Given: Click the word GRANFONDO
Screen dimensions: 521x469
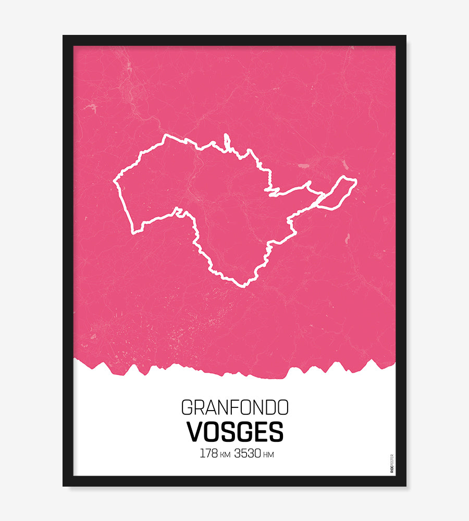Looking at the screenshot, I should pyautogui.click(x=234, y=407).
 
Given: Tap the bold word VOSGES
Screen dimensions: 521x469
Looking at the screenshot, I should pyautogui.click(x=234, y=432).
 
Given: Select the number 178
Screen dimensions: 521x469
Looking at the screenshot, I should pyautogui.click(x=209, y=453).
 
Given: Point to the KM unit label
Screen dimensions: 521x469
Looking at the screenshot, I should pyautogui.click(x=225, y=455).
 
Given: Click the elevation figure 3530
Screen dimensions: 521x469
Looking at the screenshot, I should pyautogui.click(x=248, y=453).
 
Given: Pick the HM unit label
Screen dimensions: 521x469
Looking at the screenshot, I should pyautogui.click(x=269, y=455).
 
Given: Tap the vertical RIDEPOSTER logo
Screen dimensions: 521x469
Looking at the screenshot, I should pyautogui.click(x=392, y=463).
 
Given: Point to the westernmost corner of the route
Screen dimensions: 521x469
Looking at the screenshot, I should pyautogui.click(x=115, y=182).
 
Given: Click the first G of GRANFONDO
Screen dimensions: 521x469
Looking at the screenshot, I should pyautogui.click(x=187, y=407).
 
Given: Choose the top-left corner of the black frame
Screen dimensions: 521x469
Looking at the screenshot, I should pyautogui.click(x=64, y=36).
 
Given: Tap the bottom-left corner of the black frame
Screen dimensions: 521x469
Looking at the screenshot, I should pyautogui.click(x=64, y=485).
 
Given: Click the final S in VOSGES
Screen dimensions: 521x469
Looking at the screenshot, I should pyautogui.click(x=276, y=432).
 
